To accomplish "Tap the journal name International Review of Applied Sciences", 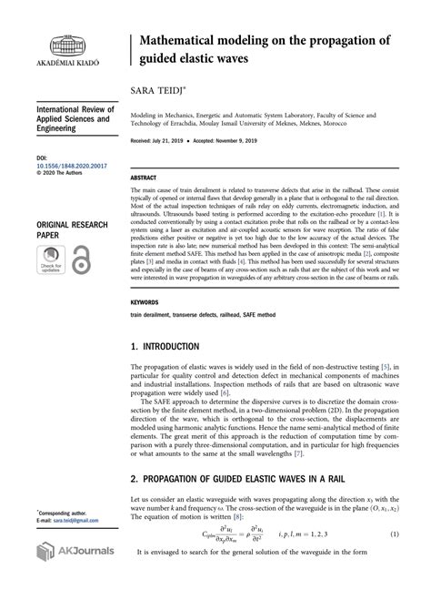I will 74,118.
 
